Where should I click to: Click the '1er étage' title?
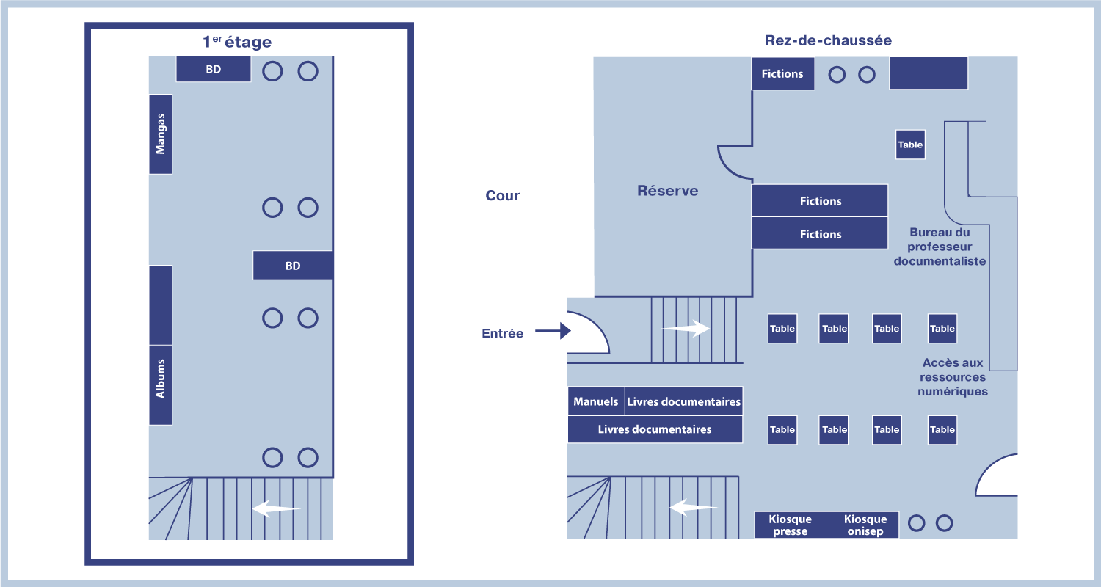coord(236,43)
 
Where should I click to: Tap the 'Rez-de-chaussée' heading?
coord(828,40)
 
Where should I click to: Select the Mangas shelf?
coord(161,134)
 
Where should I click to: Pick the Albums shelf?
coord(161,384)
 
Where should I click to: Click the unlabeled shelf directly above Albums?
coord(161,305)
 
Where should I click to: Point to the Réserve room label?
coord(667,191)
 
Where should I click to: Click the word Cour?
coord(502,196)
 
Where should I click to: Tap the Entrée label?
coord(502,333)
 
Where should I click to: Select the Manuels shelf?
coord(596,401)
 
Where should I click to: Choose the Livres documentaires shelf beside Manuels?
coord(683,401)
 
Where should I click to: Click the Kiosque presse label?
coord(790,525)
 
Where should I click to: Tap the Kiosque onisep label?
coord(865,525)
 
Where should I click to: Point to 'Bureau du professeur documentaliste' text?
coord(940,247)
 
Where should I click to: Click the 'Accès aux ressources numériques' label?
coord(953,377)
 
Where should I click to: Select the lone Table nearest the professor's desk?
coord(910,145)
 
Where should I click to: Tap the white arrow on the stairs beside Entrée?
coord(686,329)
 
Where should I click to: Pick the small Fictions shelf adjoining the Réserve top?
coord(782,73)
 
